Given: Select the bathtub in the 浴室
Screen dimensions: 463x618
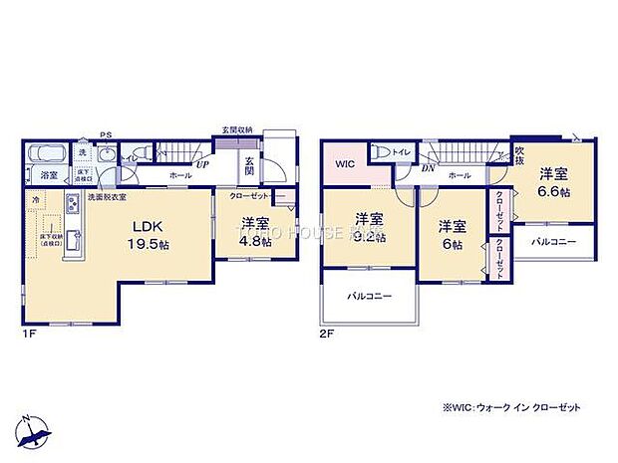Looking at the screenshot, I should pos(46,154).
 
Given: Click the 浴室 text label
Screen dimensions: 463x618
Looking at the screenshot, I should pos(48,176).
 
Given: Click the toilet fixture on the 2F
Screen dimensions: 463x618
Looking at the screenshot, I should pos(382,154).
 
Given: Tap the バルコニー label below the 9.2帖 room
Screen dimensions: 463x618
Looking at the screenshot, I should pos(369,296).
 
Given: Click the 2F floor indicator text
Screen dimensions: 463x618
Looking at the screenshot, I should pos(326,335).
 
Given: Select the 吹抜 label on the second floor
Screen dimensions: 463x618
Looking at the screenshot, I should pos(519,154).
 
